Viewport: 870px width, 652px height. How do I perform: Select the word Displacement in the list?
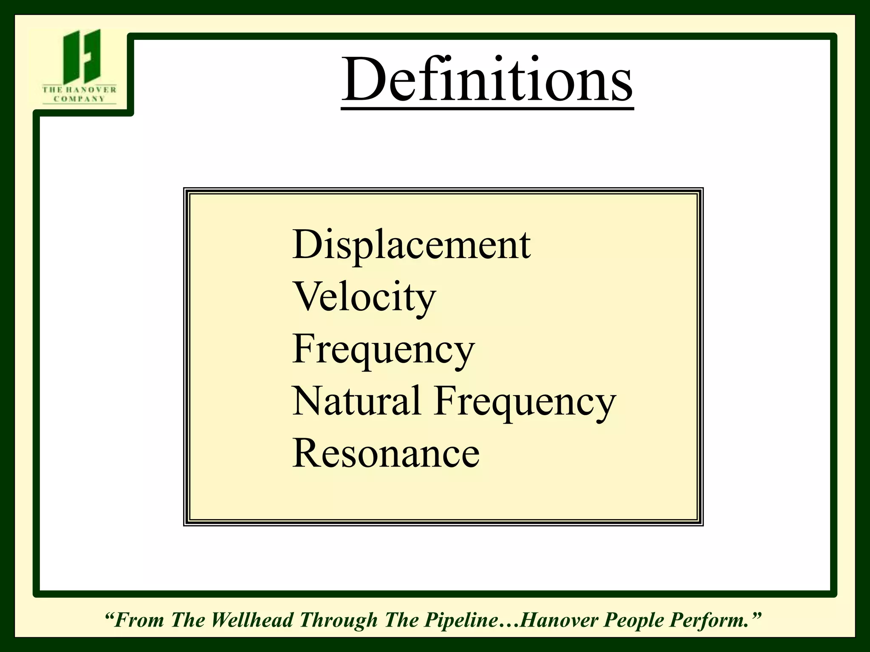pos(411,245)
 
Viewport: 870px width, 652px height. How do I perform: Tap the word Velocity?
pos(364,297)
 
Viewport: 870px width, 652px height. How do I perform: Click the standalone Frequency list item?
pos(383,350)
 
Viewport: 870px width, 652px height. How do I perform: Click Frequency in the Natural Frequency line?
pos(525,402)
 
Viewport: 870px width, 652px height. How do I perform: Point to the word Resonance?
pos(386,454)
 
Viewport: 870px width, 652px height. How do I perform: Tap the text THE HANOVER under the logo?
pos(79,90)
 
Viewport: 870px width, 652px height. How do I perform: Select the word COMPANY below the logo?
pos(79,99)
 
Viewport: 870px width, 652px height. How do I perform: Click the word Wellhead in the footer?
pos(252,620)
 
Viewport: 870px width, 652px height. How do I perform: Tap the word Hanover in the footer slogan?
pos(559,620)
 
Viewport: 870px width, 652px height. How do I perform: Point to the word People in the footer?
pos(634,620)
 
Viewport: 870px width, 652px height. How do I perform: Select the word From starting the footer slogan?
pos(139,620)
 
